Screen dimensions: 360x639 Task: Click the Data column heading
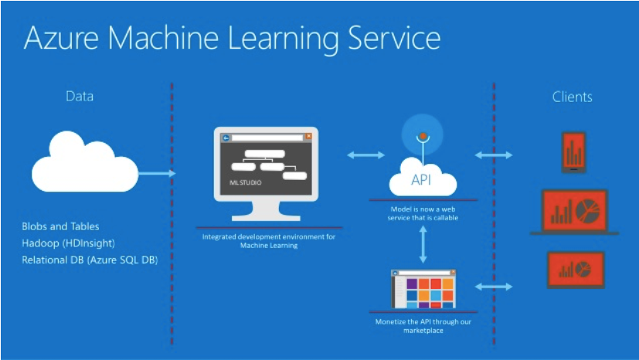(x=79, y=97)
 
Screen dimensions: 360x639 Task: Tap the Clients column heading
(x=572, y=97)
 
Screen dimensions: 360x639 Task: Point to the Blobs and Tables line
(x=60, y=226)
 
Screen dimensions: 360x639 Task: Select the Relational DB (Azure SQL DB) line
(x=90, y=260)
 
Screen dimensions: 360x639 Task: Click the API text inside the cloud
(x=421, y=181)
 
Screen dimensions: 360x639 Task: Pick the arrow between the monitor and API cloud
(x=365, y=155)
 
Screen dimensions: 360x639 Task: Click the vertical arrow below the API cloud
(x=422, y=246)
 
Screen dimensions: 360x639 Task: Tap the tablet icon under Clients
(x=573, y=151)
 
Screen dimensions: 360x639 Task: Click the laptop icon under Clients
(x=573, y=212)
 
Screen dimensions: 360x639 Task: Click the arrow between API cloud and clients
(x=494, y=155)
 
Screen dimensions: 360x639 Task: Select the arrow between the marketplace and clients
(x=494, y=287)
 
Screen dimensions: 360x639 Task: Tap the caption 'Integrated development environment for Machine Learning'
(x=269, y=241)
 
